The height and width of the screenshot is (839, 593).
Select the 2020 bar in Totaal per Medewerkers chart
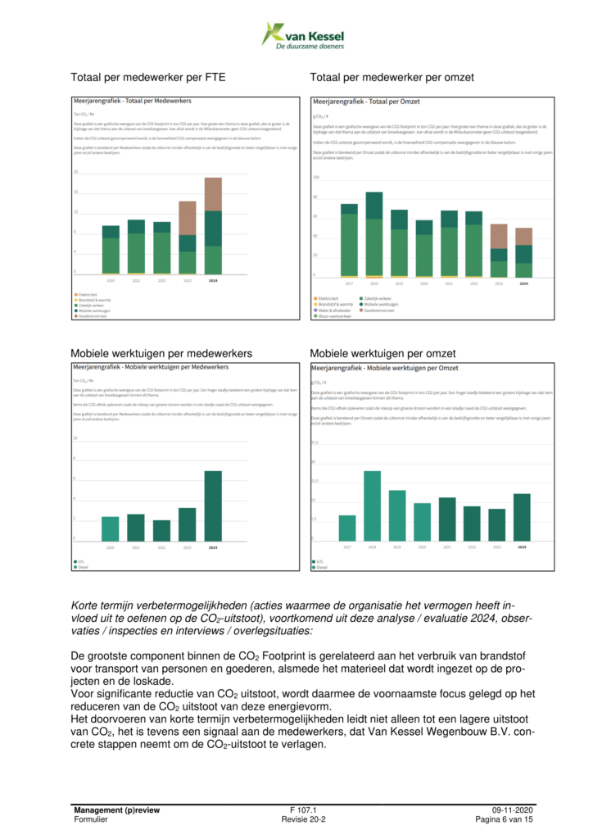pyautogui.click(x=111, y=249)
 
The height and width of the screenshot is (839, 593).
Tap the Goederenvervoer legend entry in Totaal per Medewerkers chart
pyautogui.click(x=93, y=316)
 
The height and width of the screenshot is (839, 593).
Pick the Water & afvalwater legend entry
pyautogui.click(x=337, y=311)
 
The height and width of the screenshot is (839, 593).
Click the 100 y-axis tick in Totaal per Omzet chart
pyautogui.click(x=316, y=177)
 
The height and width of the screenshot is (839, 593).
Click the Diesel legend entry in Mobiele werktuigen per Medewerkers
pyautogui.click(x=82, y=567)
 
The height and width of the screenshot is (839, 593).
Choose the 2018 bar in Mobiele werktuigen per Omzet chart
pyautogui.click(x=373, y=506)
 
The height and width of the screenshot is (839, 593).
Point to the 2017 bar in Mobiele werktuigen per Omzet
pyautogui.click(x=347, y=528)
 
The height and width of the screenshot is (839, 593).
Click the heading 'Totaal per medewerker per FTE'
pyautogui.click(x=148, y=78)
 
